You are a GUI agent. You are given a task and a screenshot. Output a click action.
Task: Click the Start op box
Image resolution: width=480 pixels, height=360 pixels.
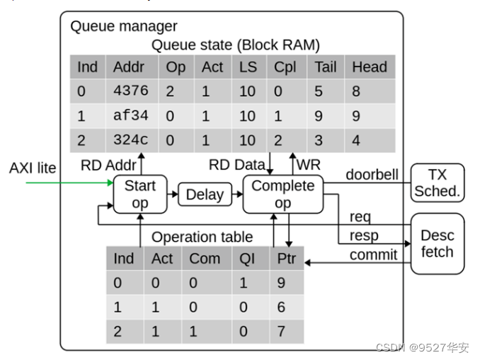140,194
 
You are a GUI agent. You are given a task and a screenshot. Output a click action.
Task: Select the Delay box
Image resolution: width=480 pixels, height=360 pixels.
205,194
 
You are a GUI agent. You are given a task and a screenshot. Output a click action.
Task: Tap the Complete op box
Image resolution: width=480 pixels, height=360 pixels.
282,194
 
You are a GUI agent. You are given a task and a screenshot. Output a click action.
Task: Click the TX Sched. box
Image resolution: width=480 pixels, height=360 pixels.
437,182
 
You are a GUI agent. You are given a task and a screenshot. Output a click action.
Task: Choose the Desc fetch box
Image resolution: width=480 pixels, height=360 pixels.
437,243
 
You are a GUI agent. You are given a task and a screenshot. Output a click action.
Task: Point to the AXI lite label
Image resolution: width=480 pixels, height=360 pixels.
33,168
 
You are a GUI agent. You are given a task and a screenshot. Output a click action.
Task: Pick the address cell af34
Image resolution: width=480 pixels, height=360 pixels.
130,115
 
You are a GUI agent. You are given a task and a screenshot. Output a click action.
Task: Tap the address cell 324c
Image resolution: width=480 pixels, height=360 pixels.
130,140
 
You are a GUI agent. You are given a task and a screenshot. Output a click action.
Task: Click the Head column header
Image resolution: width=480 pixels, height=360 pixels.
369,67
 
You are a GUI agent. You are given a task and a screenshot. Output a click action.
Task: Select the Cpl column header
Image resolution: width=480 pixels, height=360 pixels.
285,67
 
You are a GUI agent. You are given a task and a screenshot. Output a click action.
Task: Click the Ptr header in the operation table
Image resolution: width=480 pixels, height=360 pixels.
286,259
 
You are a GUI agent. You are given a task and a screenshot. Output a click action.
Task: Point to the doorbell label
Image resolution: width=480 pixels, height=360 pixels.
372,174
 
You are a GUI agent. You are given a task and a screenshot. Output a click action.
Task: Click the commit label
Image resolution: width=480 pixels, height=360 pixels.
373,255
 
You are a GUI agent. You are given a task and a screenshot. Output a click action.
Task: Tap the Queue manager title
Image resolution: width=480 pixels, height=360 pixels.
124,27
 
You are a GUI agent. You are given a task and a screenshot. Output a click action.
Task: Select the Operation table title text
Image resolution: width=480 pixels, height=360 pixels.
202,237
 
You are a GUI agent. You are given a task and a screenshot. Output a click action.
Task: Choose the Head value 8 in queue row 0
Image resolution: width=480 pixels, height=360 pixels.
356,91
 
